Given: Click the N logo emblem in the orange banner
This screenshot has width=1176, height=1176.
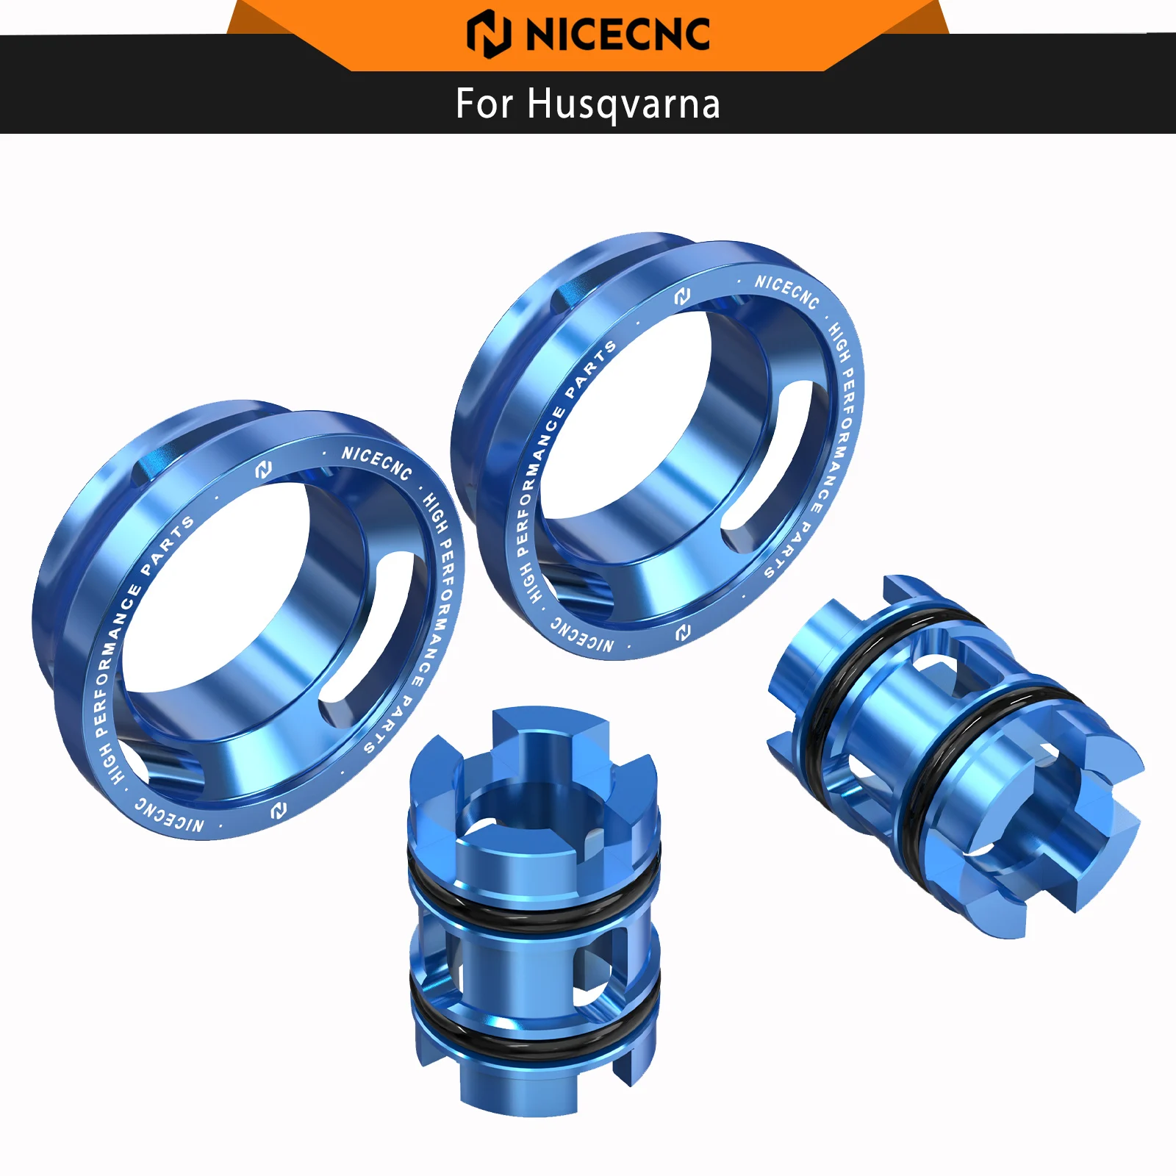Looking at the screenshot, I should tap(488, 34).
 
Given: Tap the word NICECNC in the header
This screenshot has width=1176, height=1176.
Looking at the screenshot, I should tap(617, 35).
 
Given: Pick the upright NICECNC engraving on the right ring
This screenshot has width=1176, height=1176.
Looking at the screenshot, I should tap(786, 291).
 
